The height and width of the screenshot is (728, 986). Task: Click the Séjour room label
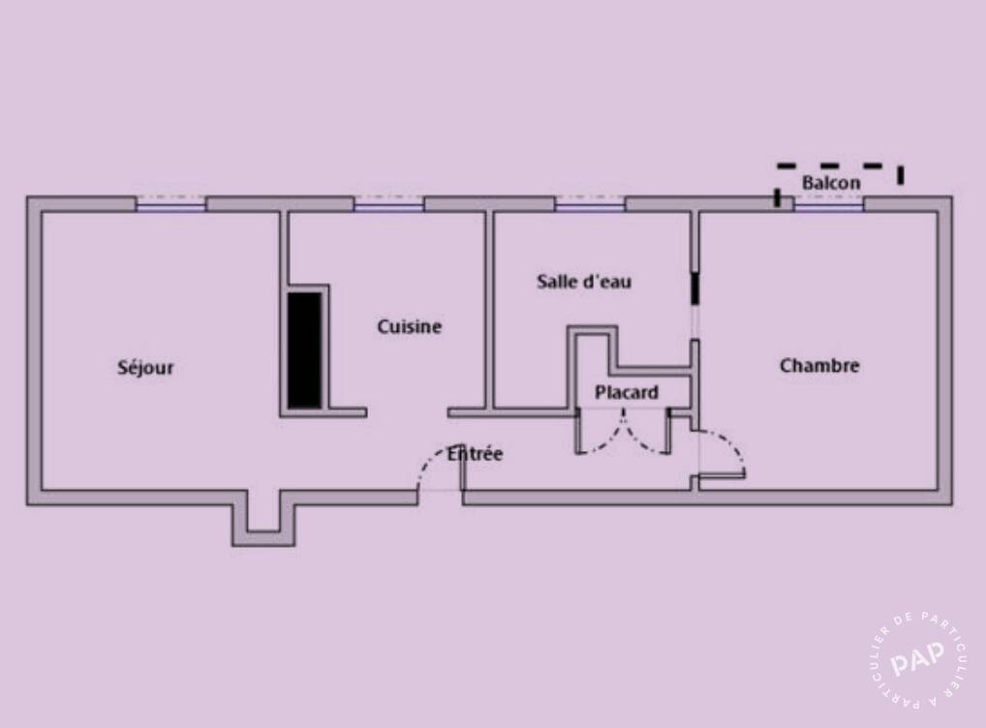tap(145, 368)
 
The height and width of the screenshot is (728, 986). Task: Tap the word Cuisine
tap(410, 326)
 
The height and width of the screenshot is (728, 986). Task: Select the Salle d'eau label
tap(584, 282)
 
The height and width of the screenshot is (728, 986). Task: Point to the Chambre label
tap(819, 365)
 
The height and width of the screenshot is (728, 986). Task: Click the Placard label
tap(627, 392)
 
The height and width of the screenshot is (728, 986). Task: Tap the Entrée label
tap(475, 453)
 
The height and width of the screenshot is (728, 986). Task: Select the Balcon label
tap(831, 183)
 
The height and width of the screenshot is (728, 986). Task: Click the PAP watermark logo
tap(918, 659)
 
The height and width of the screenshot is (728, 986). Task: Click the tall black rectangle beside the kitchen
tap(305, 350)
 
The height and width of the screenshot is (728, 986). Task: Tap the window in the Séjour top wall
tap(171, 203)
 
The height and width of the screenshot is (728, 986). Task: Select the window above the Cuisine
tap(388, 203)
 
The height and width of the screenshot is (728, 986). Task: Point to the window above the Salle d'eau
tap(590, 203)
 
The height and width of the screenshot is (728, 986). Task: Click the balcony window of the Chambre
tap(828, 203)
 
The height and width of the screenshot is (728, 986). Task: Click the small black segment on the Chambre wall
tap(694, 288)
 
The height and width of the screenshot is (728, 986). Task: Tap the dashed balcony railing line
tap(840, 167)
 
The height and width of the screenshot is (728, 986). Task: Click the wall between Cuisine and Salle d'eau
tap(489, 310)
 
